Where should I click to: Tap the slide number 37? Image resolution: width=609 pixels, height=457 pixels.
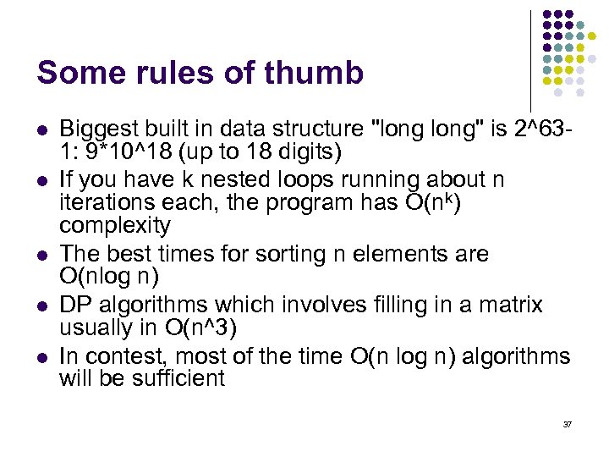point(568,423)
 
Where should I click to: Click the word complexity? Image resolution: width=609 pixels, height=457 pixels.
point(114,226)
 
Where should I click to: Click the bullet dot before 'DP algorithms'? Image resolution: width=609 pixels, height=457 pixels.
point(43,306)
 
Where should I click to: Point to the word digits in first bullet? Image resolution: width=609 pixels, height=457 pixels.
point(308,151)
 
